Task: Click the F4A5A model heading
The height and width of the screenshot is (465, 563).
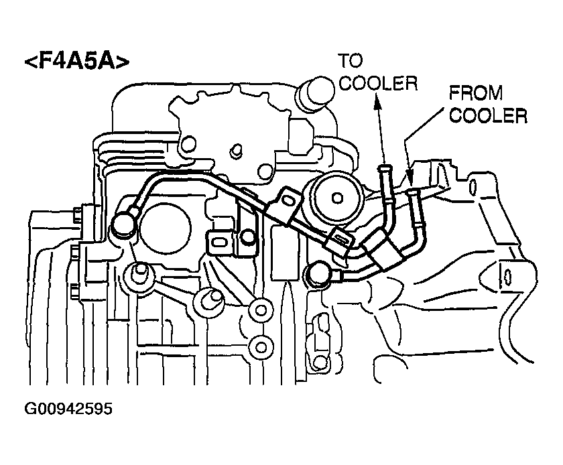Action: pyautogui.click(x=76, y=62)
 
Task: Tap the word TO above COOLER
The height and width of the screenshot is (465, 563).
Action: pyautogui.click(x=351, y=61)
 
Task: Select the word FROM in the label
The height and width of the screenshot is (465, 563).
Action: pyautogui.click(x=476, y=93)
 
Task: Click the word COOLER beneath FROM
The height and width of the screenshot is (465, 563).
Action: pyautogui.click(x=489, y=116)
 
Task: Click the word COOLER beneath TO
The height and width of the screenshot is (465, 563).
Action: pyautogui.click(x=378, y=83)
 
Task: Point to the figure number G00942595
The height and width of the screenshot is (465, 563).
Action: pyautogui.click(x=68, y=409)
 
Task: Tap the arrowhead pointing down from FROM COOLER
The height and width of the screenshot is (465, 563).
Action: pyautogui.click(x=409, y=178)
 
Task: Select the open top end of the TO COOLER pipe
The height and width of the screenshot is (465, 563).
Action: pyautogui.click(x=385, y=168)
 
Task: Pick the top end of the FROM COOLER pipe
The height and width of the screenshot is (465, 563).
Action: pyautogui.click(x=415, y=192)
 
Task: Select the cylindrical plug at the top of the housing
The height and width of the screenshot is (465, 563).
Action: pyautogui.click(x=314, y=93)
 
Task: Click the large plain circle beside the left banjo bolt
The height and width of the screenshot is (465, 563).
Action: pyautogui.click(x=165, y=228)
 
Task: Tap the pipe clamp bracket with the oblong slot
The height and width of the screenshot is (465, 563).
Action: pyautogui.click(x=218, y=243)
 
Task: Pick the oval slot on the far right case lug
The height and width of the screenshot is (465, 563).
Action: pyautogui.click(x=508, y=277)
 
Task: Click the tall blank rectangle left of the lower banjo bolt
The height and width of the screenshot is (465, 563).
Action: pyautogui.click(x=285, y=253)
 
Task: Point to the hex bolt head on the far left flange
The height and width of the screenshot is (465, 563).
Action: pyautogui.click(x=77, y=215)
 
